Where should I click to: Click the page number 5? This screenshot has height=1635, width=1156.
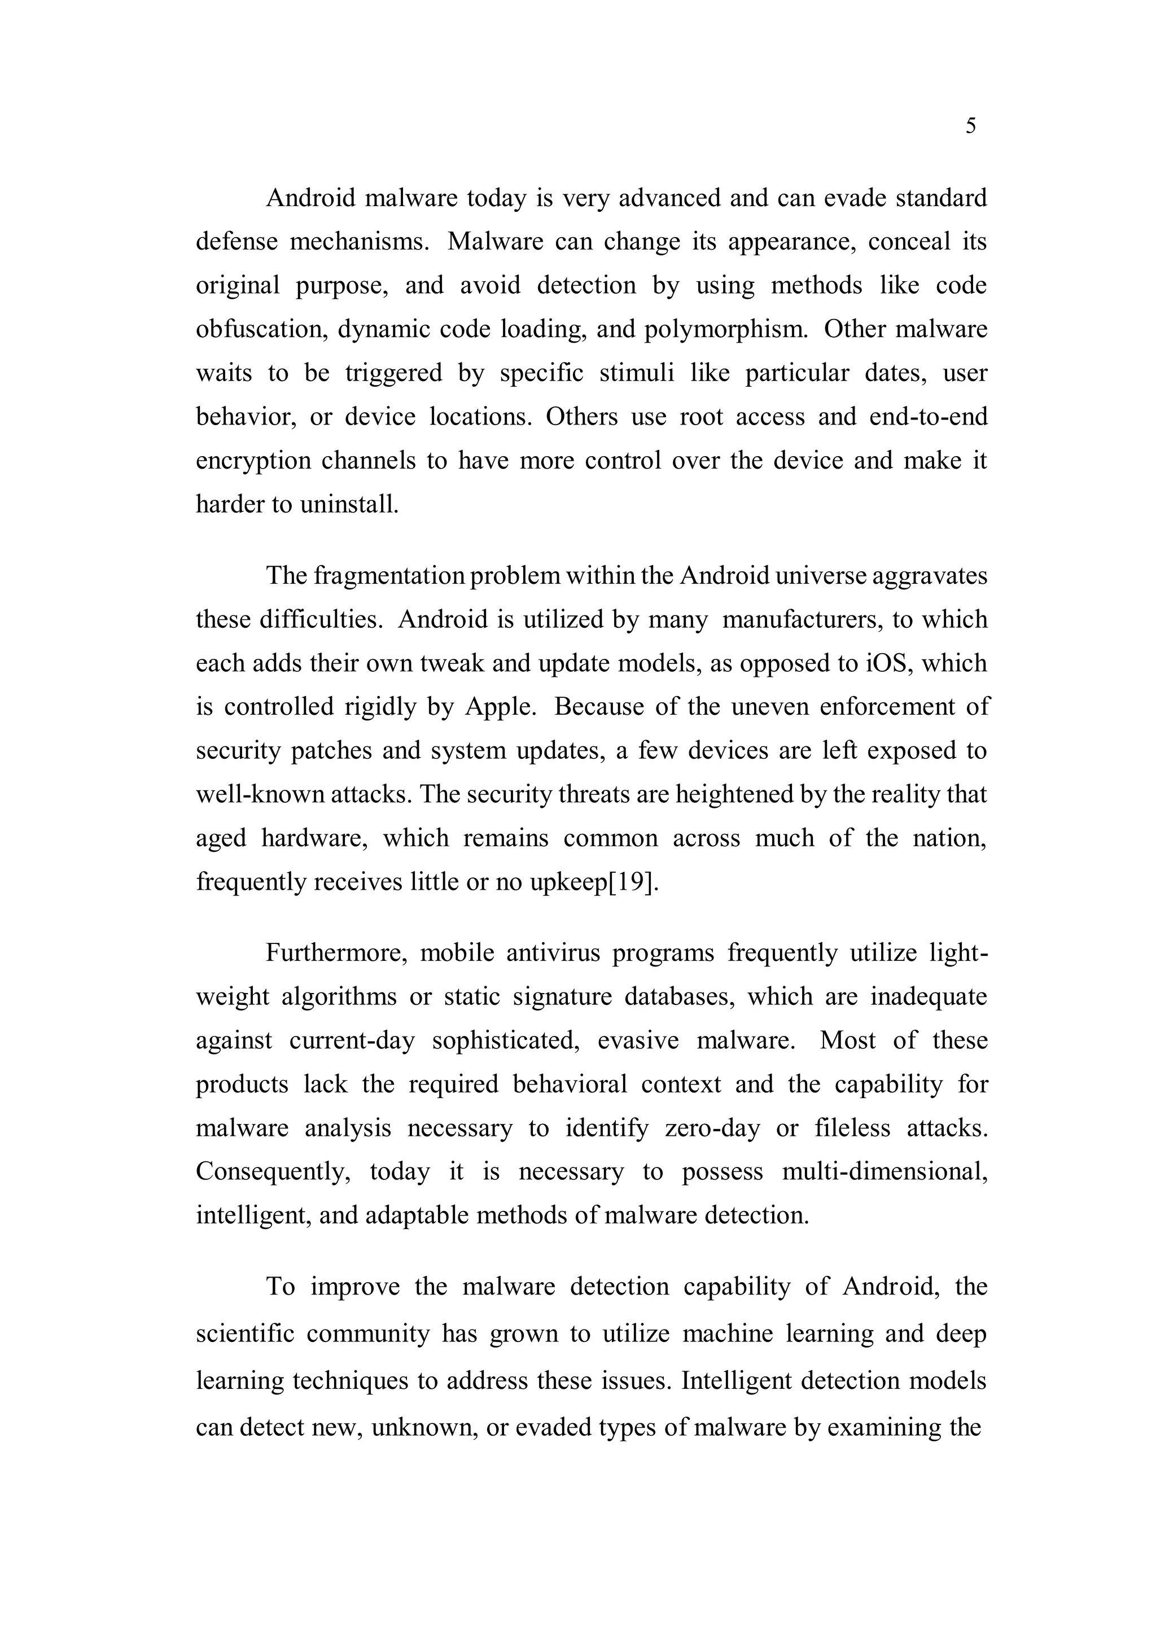click(971, 127)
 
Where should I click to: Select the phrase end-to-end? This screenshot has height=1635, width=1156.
click(928, 417)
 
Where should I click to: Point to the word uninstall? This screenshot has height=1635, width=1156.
click(349, 504)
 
